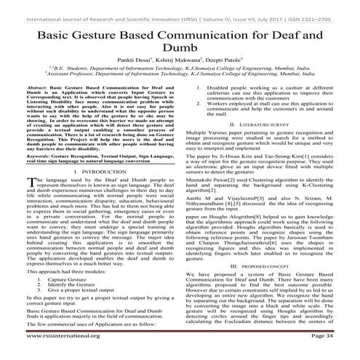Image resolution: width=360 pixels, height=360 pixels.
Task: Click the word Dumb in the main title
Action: [180, 49]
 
